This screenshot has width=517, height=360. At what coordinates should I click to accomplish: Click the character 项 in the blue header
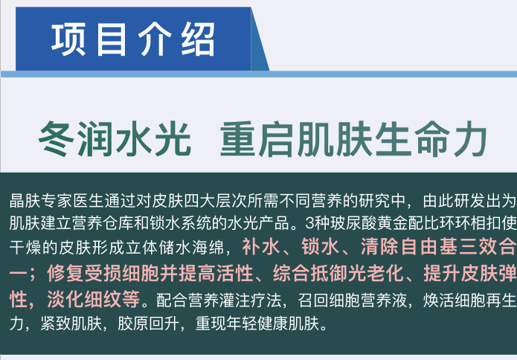[68, 39]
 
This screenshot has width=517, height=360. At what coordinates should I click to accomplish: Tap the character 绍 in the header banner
[198, 39]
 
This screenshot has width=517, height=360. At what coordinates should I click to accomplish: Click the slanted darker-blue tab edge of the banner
[260, 39]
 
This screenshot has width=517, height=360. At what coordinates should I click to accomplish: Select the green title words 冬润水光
[115, 138]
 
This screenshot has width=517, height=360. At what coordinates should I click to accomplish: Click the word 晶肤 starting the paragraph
[25, 201]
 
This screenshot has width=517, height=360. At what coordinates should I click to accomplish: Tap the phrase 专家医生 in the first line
[72, 201]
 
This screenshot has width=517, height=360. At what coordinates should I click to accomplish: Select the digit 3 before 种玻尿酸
[310, 223]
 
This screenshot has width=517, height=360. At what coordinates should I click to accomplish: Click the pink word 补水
[261, 247]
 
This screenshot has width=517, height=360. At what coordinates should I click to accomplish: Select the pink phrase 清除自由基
[408, 247]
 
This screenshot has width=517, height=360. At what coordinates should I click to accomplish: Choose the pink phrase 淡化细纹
[94, 299]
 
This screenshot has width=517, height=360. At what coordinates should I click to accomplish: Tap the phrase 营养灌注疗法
[219, 300]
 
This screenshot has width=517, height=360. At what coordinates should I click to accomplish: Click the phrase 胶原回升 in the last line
[149, 324]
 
